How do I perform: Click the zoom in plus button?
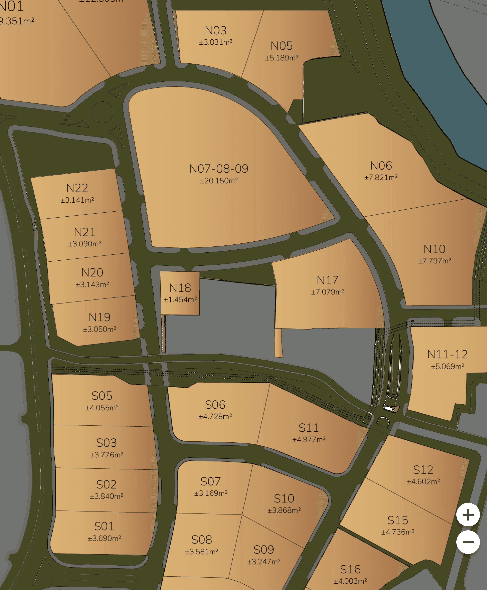pos(468,515)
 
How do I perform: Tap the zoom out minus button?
pos(468,542)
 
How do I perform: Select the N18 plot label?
pos(180,288)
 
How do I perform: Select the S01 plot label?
pos(104,526)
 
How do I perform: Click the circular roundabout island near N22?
pos(103,112)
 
